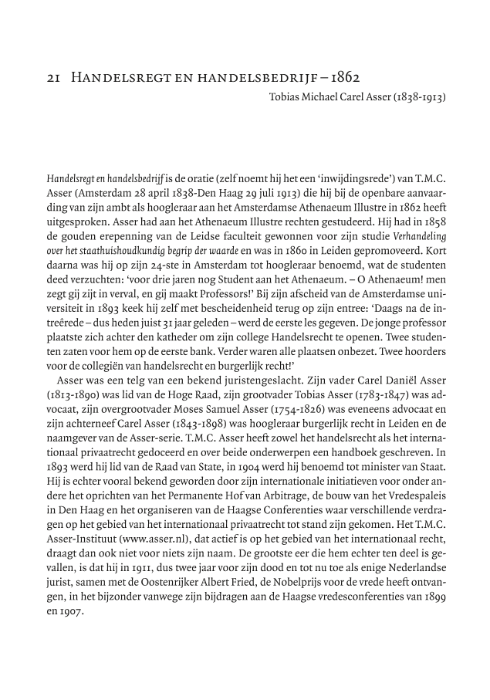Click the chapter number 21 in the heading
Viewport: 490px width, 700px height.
point(52,79)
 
